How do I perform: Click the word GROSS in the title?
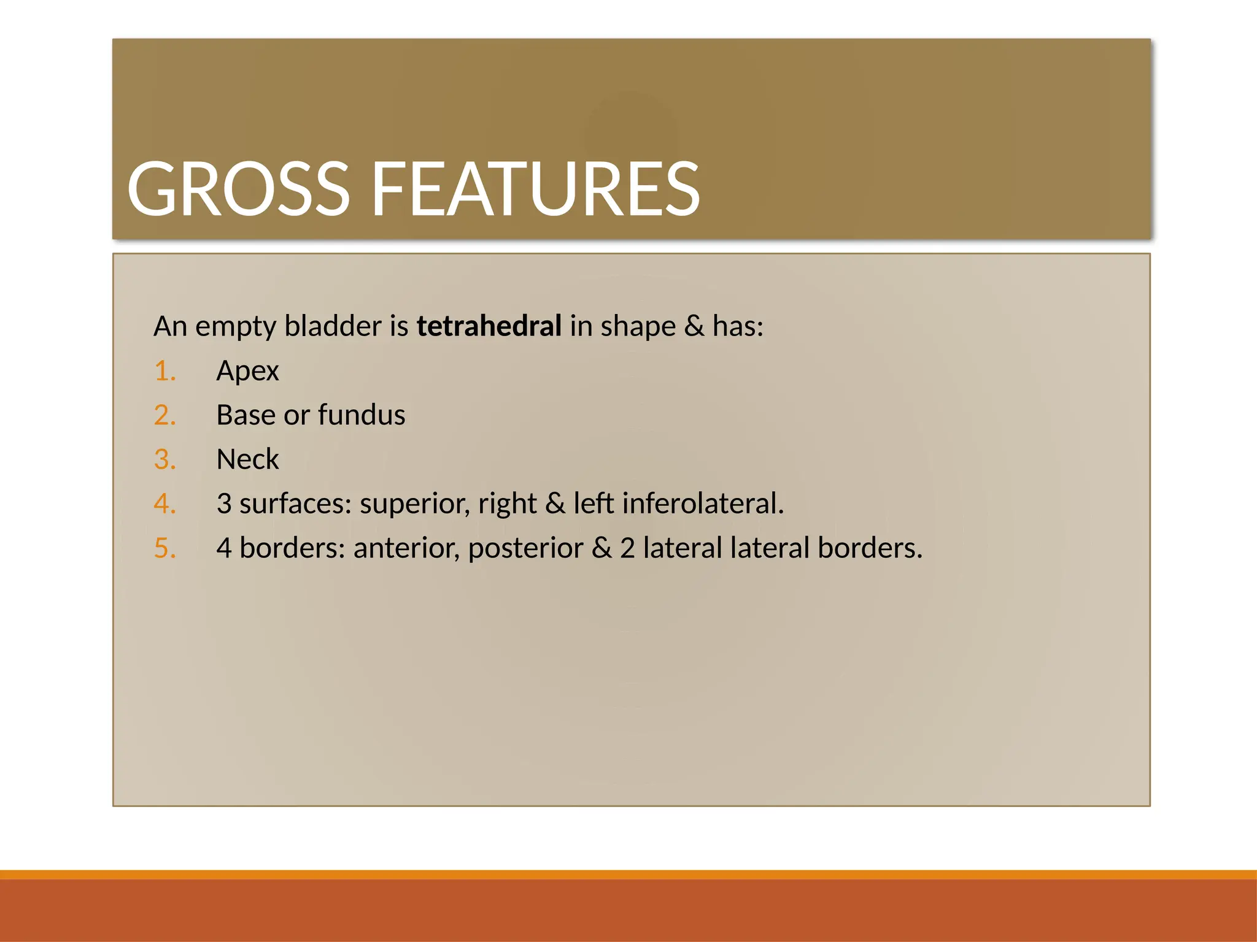tap(238, 189)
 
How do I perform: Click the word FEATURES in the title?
tap(535, 189)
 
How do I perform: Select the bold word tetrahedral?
tap(489, 326)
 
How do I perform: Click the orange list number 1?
tap(164, 371)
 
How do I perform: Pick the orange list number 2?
tap(164, 415)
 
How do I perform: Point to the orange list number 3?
tap(164, 459)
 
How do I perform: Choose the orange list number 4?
tap(164, 504)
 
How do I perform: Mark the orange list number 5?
tap(164, 548)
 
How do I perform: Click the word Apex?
tap(247, 371)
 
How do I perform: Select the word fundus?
tap(362, 415)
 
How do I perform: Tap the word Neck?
tap(247, 459)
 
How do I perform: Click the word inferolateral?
tap(703, 504)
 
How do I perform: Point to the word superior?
tap(414, 504)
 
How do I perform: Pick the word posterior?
tap(525, 548)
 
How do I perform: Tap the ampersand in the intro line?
tap(694, 326)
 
